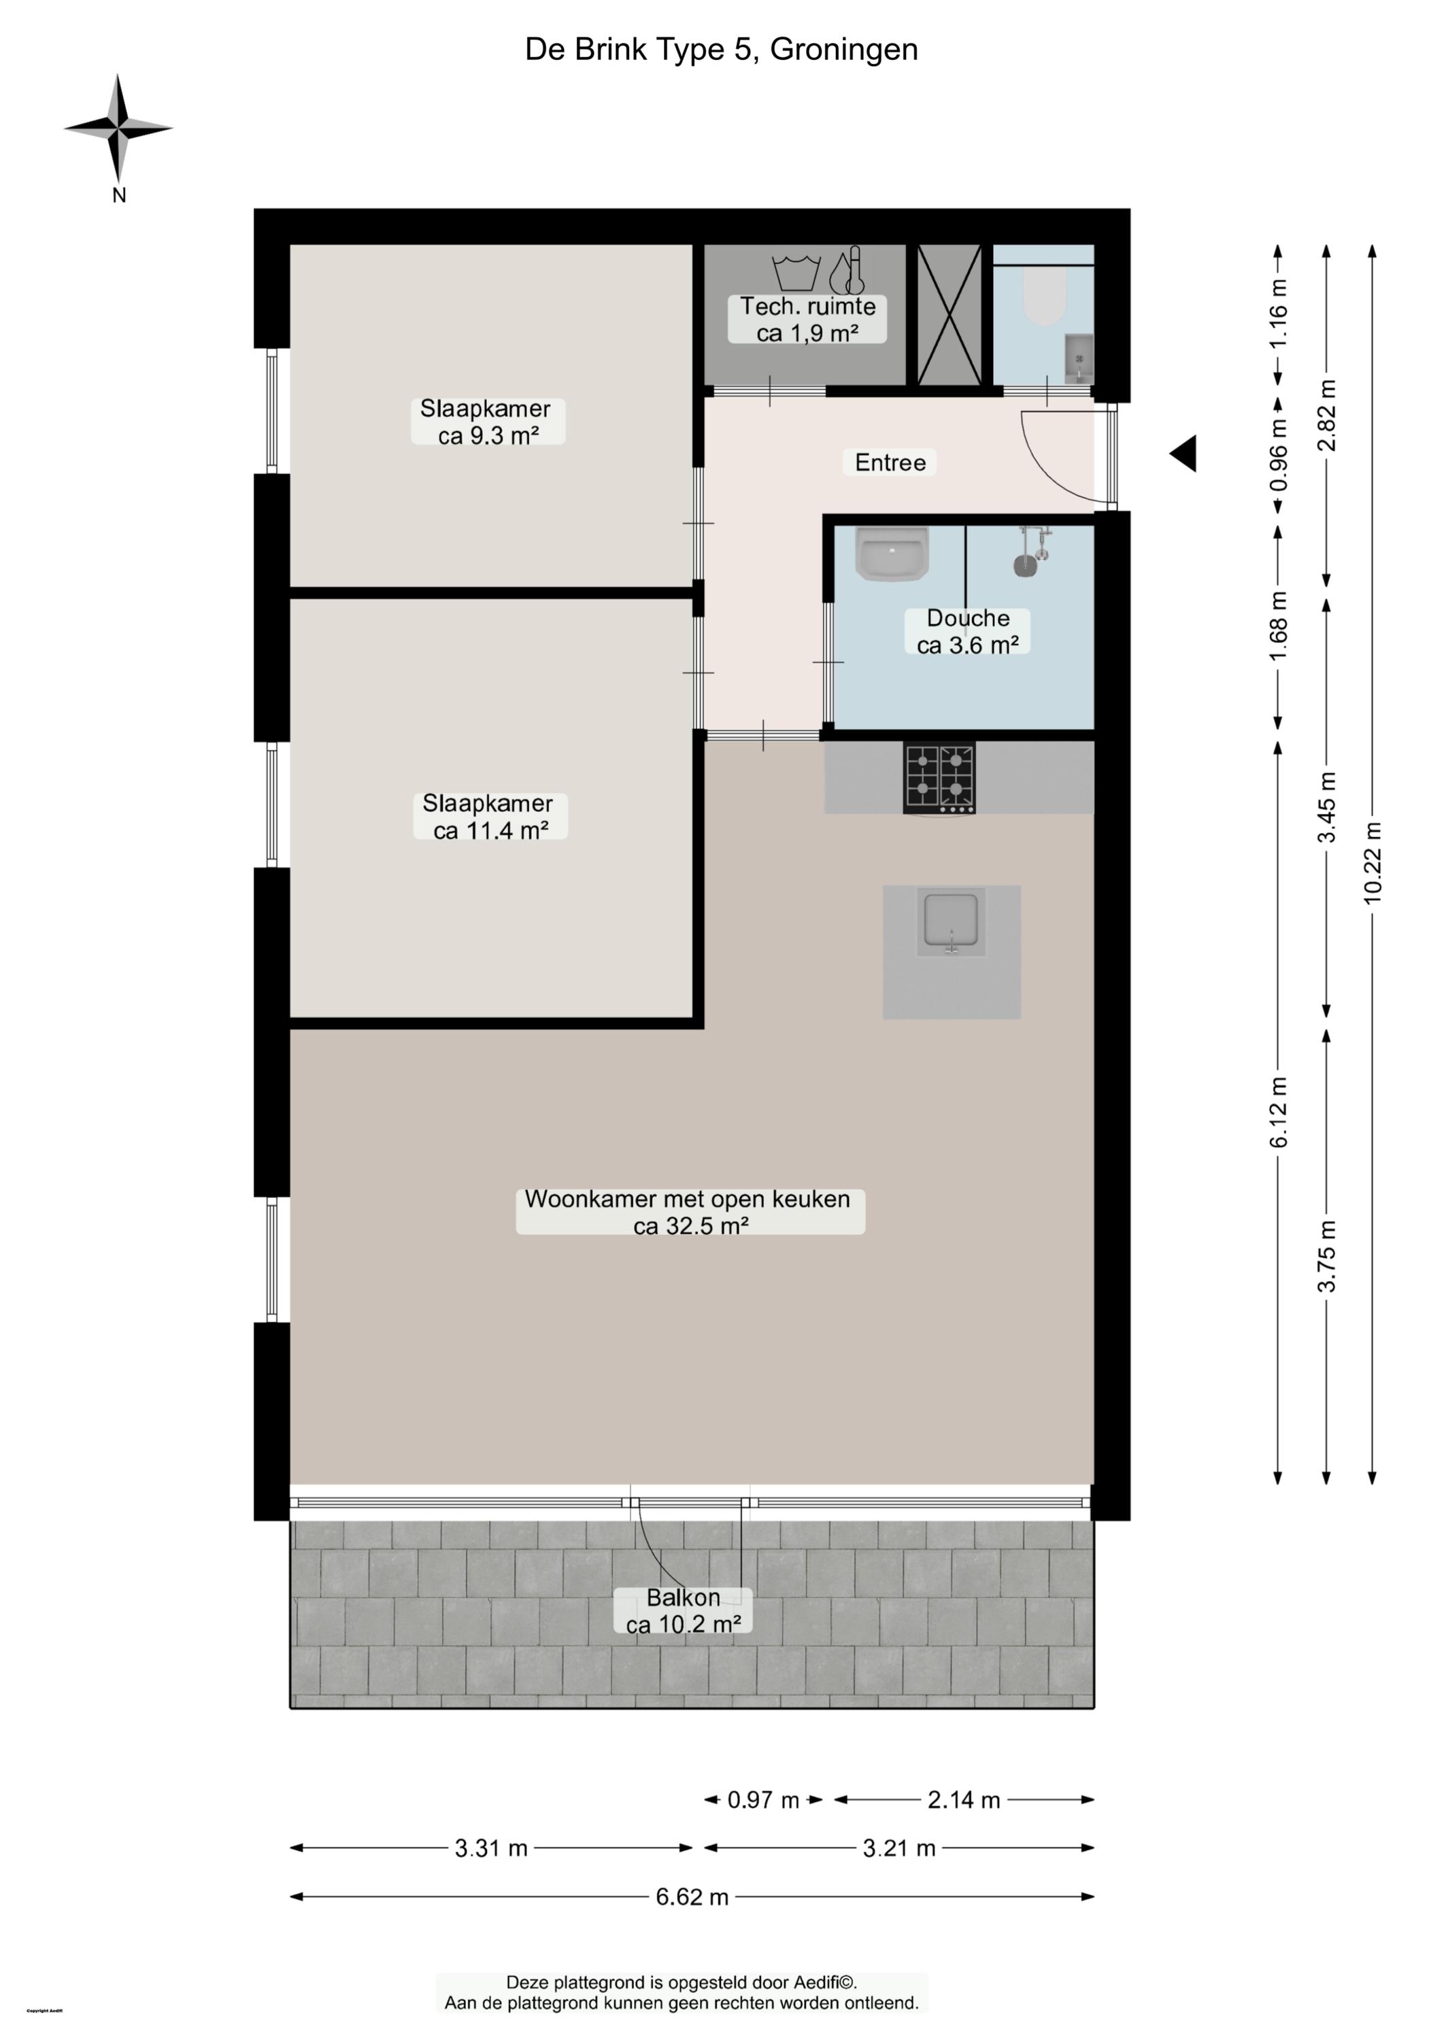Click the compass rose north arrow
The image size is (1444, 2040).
coord(118,129)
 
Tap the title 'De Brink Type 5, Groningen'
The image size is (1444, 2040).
coord(721,50)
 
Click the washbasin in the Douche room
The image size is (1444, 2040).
coord(892,553)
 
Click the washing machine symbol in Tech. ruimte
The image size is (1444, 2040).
coord(795,272)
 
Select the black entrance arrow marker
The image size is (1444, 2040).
coord(1183,454)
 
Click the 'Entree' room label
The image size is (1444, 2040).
coord(890,462)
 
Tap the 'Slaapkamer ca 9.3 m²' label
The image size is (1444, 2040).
coord(487,422)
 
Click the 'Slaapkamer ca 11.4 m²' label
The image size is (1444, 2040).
coord(489,816)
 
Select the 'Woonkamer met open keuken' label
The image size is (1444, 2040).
coord(688,1198)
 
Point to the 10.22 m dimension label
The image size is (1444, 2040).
coord(1373,862)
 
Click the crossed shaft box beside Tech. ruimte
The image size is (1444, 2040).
coord(950,315)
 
